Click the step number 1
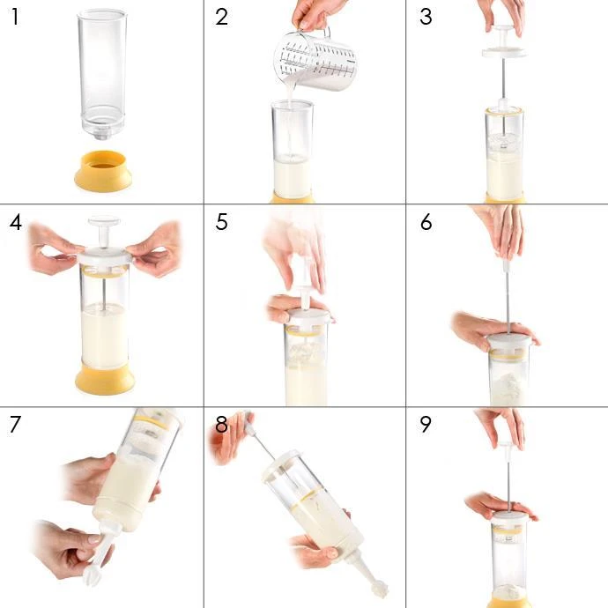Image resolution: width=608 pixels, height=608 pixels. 15,17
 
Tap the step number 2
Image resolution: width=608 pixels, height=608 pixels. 221,17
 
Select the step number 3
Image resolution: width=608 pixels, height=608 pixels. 426,17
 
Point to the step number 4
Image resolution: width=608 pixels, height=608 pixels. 16,223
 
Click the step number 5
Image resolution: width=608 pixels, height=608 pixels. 221,222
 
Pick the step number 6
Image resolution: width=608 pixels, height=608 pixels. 426,222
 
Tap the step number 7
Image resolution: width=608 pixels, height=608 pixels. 15,424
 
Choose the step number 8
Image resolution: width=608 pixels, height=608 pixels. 221,424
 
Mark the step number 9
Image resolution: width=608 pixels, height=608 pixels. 426,424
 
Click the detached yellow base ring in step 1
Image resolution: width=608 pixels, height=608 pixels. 103,171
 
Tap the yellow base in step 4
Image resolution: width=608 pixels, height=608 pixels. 105,378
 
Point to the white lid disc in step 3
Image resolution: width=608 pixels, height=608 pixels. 503,52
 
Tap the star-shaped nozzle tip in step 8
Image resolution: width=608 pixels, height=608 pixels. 379,589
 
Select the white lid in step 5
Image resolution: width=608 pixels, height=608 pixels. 308,317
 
